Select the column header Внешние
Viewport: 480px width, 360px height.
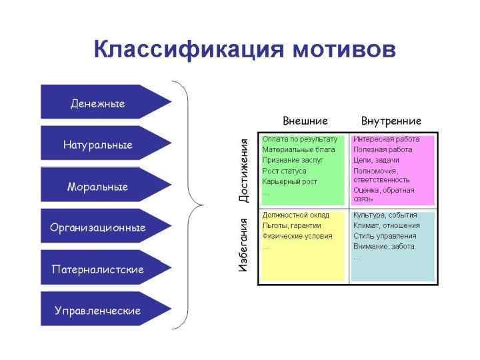pos(305,121)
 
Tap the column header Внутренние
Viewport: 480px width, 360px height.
pos(391,121)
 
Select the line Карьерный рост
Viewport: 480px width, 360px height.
pos(290,181)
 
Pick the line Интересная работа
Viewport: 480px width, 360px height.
pos(387,139)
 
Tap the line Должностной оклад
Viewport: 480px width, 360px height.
pos(296,215)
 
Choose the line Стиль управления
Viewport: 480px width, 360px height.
pos(385,235)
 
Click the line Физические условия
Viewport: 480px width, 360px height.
pos(296,235)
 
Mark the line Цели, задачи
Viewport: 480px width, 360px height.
pos(376,160)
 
